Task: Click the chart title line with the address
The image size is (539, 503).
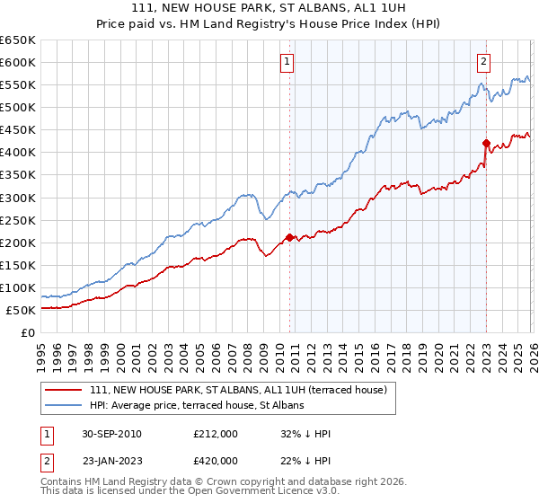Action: pos(269,8)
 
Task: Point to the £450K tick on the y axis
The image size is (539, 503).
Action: pos(18,130)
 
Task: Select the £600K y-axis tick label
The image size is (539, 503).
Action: pos(18,63)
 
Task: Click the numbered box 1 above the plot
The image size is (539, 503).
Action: pos(287,62)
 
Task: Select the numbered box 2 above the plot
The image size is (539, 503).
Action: pos(483,62)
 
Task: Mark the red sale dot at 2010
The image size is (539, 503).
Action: pos(289,237)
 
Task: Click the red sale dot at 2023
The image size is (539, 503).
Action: pos(486,143)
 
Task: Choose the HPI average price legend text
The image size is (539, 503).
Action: pos(197,405)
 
